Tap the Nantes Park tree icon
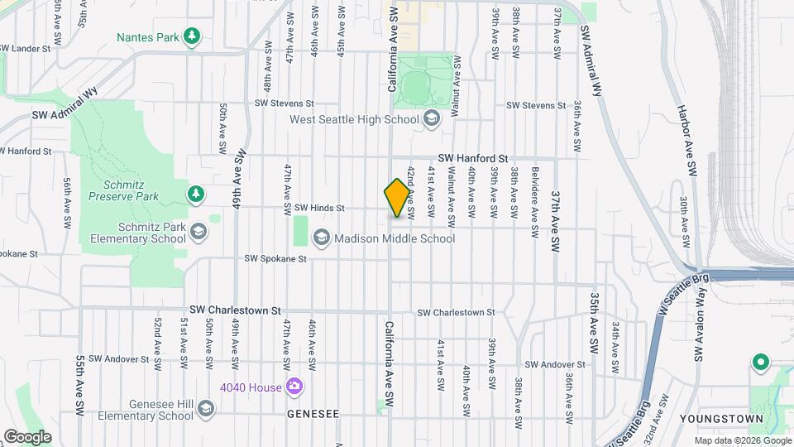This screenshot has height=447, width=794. [x=192, y=36]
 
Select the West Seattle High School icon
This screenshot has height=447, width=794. [x=431, y=120]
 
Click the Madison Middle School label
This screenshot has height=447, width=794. [x=395, y=238]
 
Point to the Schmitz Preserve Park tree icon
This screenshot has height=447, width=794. [x=195, y=194]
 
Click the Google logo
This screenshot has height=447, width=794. [x=27, y=436]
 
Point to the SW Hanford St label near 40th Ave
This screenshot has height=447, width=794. [x=472, y=158]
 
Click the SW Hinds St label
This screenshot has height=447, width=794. [x=318, y=208]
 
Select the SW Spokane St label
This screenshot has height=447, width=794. [x=275, y=259]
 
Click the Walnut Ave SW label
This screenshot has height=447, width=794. [x=452, y=197]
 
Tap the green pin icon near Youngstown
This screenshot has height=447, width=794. [x=759, y=363]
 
